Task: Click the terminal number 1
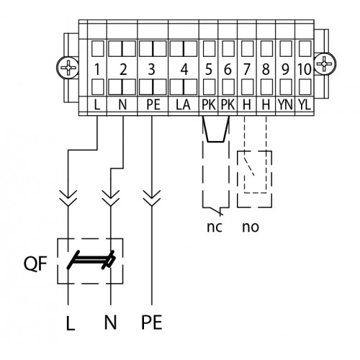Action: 97,69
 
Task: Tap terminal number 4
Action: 184,69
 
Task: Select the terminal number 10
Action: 305,69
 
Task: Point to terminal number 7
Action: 247,69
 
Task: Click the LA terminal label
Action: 183,105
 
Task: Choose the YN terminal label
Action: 285,105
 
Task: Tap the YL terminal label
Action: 305,105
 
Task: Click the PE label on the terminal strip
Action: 153,105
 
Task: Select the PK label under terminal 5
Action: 209,105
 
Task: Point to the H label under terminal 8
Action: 266,105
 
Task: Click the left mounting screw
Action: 68,67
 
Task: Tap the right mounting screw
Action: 325,64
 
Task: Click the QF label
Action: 35,264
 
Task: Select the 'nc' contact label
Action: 215,227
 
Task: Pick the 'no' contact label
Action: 251,227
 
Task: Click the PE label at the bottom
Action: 152,322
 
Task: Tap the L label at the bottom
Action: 71,323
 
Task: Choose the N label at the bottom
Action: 110,322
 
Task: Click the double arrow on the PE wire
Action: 152,198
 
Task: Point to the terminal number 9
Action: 285,69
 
